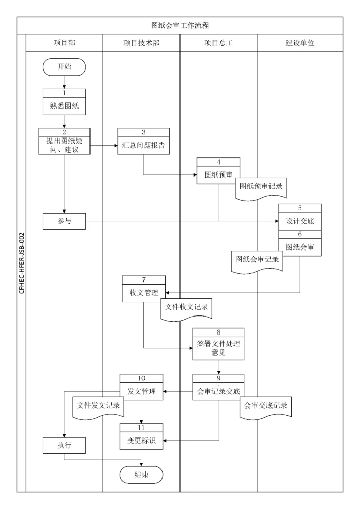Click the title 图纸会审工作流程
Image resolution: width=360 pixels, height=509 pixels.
point(179,25)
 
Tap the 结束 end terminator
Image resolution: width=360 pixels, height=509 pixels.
point(141,475)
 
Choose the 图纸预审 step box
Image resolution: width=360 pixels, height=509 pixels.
point(218,174)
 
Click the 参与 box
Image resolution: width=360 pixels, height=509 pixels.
point(64,221)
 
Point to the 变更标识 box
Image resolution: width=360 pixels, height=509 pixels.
point(141,440)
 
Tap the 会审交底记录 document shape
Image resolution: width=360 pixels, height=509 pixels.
point(266,405)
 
